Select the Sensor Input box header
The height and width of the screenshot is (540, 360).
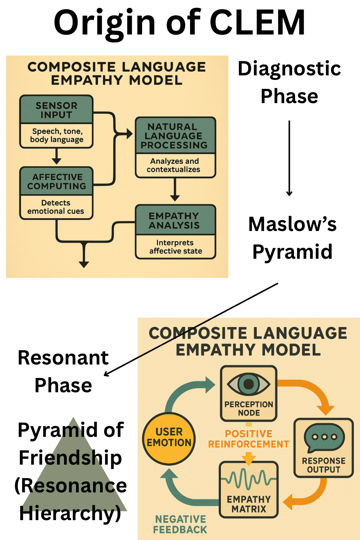click(x=56, y=110)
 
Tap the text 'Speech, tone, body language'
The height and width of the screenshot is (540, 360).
click(x=57, y=135)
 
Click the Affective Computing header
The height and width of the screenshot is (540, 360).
click(x=57, y=181)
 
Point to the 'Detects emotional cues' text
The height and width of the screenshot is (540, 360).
click(x=56, y=207)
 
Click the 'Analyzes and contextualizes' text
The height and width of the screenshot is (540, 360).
click(x=174, y=165)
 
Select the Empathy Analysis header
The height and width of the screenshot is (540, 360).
click(x=174, y=220)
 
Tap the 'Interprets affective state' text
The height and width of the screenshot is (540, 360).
click(x=175, y=247)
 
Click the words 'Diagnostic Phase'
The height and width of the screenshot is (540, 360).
click(x=289, y=82)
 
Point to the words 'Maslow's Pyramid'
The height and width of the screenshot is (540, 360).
click(x=292, y=237)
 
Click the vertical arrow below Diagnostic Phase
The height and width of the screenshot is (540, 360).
click(x=289, y=158)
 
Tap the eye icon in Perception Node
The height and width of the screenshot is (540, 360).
click(x=249, y=384)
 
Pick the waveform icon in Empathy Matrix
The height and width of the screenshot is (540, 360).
click(x=249, y=479)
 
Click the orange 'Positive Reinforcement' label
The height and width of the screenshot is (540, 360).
click(x=249, y=439)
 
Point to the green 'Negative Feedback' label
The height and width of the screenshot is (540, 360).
click(x=180, y=524)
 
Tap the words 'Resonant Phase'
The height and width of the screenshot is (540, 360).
click(x=63, y=371)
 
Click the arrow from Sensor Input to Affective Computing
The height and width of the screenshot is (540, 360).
click(x=57, y=156)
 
